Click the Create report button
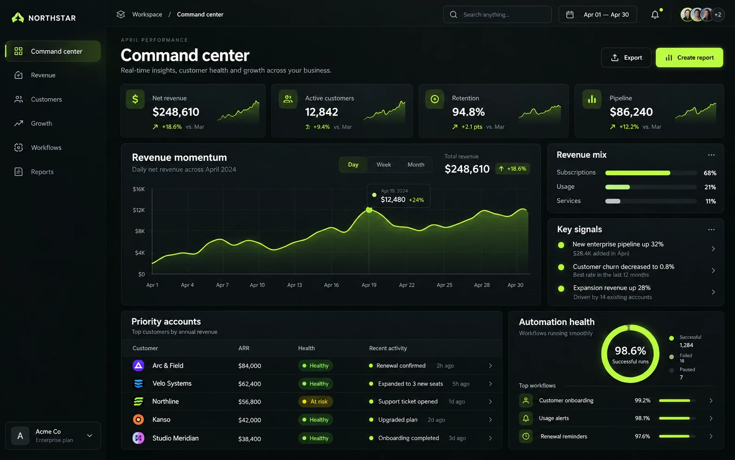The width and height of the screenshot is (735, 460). click(x=689, y=57)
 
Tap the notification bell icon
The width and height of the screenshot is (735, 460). click(x=655, y=14)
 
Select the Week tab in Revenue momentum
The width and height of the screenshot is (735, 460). click(x=383, y=165)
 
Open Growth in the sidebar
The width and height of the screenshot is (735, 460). click(x=41, y=123)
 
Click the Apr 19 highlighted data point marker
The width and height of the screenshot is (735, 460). click(x=369, y=210)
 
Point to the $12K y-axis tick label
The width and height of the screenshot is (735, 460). click(x=139, y=210)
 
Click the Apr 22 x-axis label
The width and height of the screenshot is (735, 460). click(x=406, y=285)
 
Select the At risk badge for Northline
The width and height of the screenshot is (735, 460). click(x=315, y=402)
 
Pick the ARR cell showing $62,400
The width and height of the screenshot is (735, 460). click(x=250, y=384)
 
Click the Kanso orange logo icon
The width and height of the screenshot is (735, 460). click(x=138, y=420)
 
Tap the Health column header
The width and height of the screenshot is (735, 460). click(x=306, y=348)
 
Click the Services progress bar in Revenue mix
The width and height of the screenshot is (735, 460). click(x=651, y=201)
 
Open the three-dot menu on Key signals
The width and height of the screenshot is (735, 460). click(x=711, y=230)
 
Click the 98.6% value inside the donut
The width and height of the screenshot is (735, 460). click(x=630, y=351)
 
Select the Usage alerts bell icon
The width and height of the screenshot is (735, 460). click(x=526, y=418)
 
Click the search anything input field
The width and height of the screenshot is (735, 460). click(x=497, y=14)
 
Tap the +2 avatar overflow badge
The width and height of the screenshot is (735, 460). click(x=717, y=14)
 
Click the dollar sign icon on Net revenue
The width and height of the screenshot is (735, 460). click(x=135, y=99)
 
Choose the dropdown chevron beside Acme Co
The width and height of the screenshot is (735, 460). click(x=89, y=436)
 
